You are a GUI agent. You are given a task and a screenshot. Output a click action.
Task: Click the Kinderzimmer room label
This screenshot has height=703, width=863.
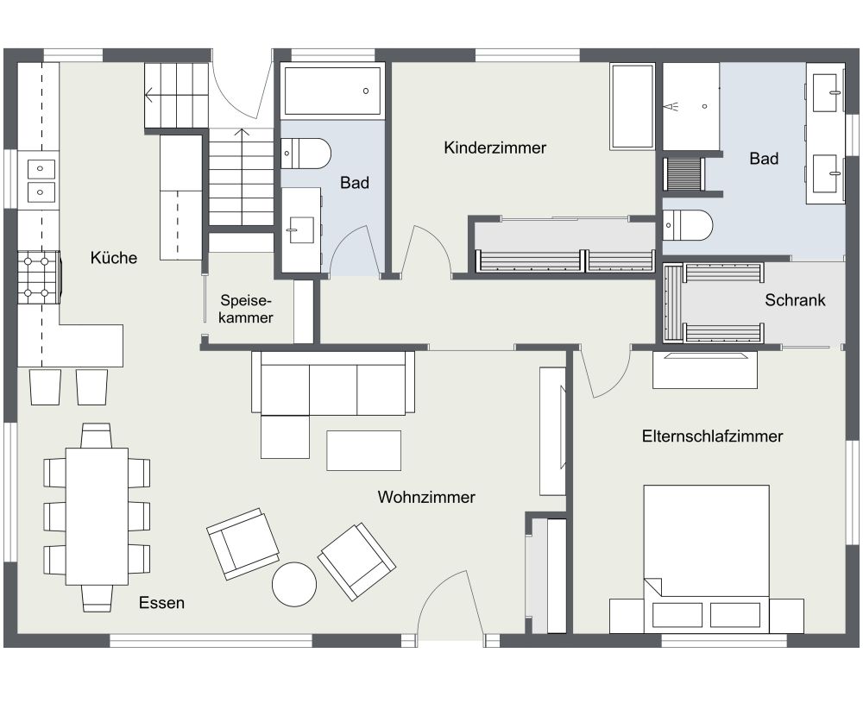[x=494, y=148]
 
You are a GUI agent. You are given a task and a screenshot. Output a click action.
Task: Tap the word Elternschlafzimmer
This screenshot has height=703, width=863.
[x=712, y=436]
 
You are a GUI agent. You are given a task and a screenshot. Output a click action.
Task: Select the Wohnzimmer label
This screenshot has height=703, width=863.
[x=426, y=498]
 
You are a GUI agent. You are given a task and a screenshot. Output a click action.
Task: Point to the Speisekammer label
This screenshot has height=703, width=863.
[x=246, y=310]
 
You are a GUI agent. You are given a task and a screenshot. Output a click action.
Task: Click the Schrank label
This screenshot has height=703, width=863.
[x=795, y=300]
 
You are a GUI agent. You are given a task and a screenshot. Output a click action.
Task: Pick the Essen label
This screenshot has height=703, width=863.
[x=161, y=603]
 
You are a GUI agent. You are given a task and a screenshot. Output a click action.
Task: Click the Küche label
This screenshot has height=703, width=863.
[x=113, y=257]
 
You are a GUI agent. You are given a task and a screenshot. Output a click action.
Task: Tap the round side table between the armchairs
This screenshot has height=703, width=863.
[x=294, y=584]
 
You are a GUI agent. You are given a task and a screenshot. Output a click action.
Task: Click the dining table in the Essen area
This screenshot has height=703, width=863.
[x=97, y=516]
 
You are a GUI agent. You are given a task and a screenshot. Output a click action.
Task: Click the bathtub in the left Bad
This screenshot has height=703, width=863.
[x=332, y=91]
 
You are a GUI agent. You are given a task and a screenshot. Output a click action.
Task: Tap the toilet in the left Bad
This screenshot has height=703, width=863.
[x=307, y=154]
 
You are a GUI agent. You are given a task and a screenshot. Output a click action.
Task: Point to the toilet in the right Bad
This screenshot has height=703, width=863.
[x=689, y=226]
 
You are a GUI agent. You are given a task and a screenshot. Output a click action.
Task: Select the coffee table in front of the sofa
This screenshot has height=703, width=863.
[x=363, y=449]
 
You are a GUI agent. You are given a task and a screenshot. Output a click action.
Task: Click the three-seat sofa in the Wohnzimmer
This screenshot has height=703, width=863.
[x=333, y=383]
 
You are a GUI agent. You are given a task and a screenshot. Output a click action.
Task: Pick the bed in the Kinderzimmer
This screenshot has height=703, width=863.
[x=633, y=106]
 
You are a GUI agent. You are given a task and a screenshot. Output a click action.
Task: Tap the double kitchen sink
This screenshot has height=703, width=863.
[x=41, y=179]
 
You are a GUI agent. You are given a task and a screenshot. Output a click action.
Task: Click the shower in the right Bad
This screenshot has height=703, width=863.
[x=690, y=106]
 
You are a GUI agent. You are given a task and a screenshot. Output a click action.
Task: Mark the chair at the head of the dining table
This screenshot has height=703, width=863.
[x=96, y=434]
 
